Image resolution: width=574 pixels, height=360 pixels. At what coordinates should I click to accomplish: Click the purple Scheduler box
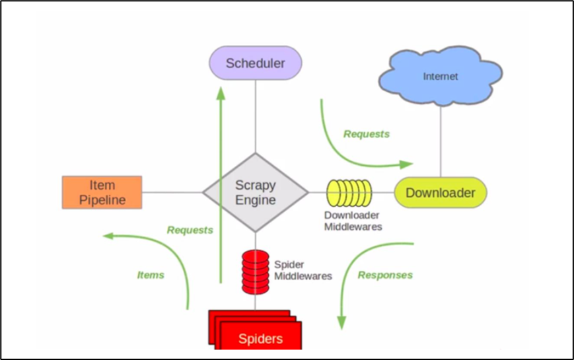point(256,63)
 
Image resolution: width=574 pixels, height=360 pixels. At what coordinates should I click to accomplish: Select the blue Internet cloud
point(441,76)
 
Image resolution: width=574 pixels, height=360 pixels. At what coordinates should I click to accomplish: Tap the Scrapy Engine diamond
point(256,192)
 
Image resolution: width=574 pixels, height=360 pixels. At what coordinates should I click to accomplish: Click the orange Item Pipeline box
point(102,192)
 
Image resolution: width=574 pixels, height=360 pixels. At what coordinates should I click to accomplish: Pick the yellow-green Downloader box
point(440,193)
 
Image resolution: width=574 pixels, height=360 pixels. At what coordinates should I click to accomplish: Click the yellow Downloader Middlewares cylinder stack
point(349,193)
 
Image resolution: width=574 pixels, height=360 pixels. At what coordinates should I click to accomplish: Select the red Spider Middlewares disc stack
point(255,271)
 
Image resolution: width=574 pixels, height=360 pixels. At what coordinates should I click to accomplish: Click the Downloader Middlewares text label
point(353,221)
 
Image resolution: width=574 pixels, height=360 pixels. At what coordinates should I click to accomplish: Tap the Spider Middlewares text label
point(303,270)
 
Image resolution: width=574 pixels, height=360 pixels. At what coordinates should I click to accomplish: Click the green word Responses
point(385,275)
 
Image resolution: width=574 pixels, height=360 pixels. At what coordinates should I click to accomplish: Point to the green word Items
point(151,275)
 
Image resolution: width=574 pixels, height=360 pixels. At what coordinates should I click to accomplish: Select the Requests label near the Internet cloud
point(367,134)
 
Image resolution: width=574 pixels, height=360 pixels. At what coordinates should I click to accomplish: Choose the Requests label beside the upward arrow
point(190,230)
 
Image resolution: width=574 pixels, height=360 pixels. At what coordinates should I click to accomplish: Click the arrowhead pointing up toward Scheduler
point(221,93)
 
